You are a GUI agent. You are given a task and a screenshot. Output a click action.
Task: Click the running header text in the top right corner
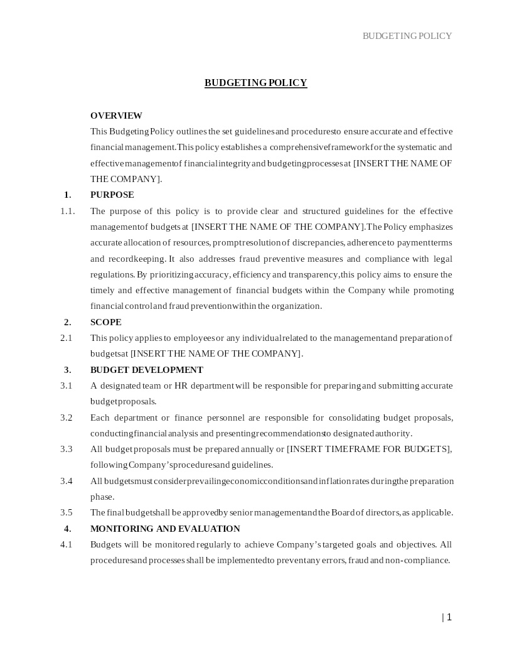pos(407,36)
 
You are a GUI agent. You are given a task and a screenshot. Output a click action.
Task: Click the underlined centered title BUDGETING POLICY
pos(255,83)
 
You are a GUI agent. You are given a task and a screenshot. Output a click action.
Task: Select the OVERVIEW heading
pos(116,116)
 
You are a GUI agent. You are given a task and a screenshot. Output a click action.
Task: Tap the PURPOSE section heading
pos(112,195)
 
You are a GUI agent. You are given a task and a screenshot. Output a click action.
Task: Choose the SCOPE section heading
pos(105,322)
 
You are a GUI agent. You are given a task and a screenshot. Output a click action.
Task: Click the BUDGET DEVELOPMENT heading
pos(146,370)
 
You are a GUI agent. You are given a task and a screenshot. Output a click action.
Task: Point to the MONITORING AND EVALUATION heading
pos(165,529)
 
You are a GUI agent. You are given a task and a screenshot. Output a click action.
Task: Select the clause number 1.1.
pos(67,211)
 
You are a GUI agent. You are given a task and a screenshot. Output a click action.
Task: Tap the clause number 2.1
pos(66,338)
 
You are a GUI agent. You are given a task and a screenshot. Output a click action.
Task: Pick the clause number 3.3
pos(66,449)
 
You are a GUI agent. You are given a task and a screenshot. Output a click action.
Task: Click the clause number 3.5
pos(66,512)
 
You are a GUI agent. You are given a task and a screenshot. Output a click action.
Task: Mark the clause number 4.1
pos(66,544)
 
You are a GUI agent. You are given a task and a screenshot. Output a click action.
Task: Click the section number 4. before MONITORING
pos(67,529)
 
